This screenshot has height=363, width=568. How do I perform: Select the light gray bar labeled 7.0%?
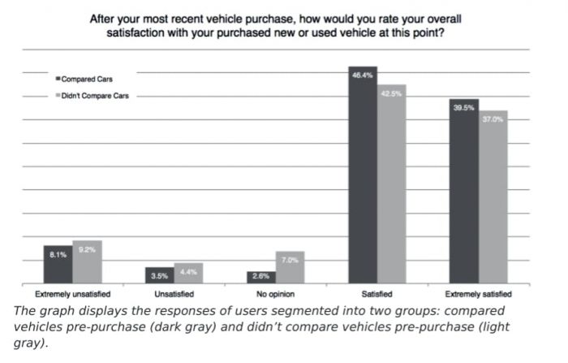[290, 267]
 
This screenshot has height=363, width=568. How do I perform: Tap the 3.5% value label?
[160, 276]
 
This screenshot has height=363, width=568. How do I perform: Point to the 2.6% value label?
[261, 276]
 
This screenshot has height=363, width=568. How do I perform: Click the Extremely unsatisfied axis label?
[73, 293]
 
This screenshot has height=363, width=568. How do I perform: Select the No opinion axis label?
[275, 293]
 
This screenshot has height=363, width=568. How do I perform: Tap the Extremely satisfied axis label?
[479, 293]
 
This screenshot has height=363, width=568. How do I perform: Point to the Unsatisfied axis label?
[174, 293]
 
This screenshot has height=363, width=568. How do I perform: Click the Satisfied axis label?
[377, 293]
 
